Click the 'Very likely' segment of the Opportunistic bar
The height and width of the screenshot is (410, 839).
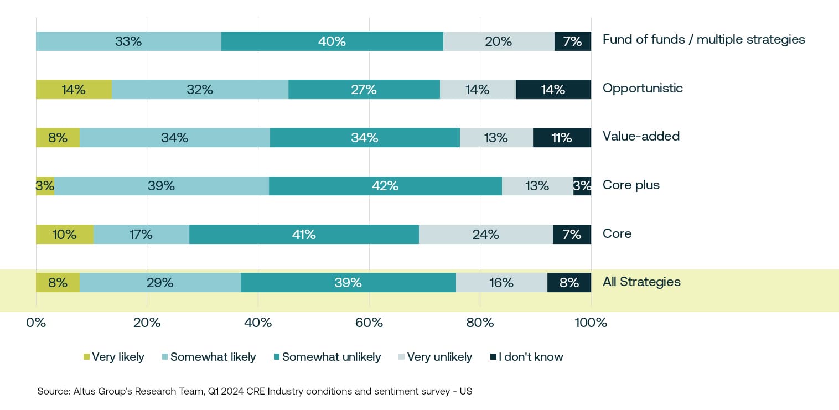74,89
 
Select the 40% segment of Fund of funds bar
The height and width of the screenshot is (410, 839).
332,41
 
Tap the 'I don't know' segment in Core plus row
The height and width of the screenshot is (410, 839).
582,186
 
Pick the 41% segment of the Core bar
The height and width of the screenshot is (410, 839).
304,234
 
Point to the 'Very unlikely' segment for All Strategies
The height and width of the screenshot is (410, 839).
501,283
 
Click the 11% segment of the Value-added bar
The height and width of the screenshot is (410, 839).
562,137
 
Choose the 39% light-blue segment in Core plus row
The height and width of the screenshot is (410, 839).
161,186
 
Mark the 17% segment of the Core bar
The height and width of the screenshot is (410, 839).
141,234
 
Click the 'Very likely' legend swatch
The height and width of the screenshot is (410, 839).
86,357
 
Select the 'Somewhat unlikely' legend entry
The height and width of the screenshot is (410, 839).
331,357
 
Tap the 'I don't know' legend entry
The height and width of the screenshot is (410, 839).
530,357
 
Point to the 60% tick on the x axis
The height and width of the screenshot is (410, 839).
369,323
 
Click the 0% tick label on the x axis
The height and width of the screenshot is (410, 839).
36,323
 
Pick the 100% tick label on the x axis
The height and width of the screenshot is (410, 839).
591,323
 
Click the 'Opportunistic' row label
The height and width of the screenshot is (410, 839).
643,89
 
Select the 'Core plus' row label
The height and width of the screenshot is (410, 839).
631,185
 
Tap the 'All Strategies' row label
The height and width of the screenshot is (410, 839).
641,282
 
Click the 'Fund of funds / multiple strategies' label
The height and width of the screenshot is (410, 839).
703,40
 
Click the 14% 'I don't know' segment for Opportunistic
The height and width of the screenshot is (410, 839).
553,89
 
